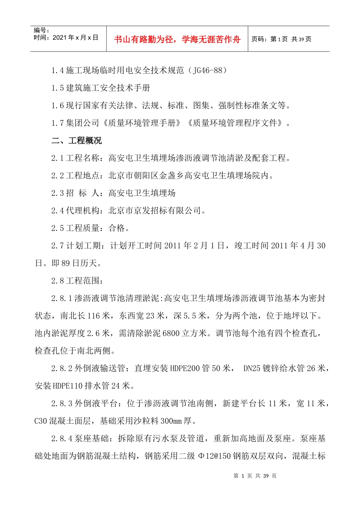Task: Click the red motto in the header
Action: [x=177, y=39]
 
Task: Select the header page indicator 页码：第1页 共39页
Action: [x=281, y=39]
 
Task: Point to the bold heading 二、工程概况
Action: [x=77, y=141]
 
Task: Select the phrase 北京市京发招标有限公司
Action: [x=155, y=211]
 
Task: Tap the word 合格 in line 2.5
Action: [x=117, y=228]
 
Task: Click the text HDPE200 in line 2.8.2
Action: [x=185, y=368]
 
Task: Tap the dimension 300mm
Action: [x=171, y=421]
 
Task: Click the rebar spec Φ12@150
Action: [x=214, y=456]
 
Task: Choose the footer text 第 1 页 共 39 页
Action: [x=255, y=476]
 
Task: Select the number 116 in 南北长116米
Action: [x=94, y=316]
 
